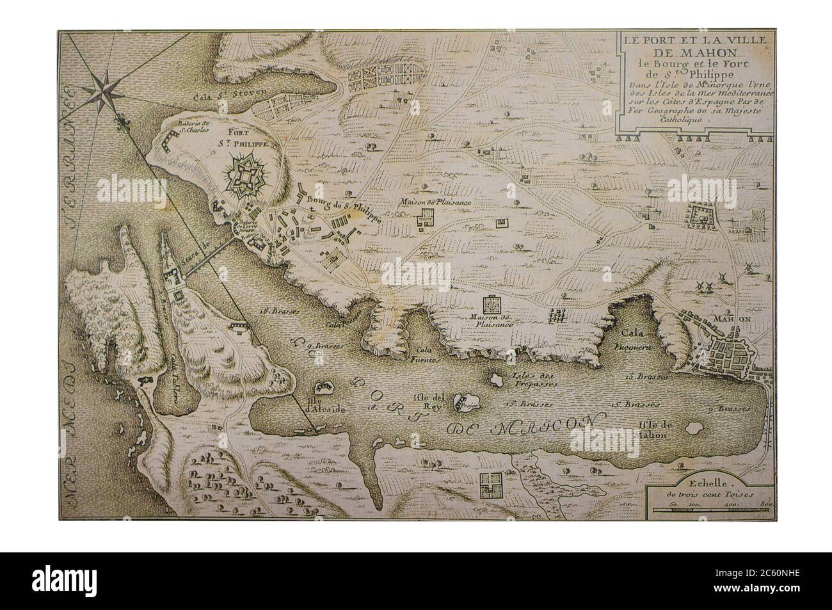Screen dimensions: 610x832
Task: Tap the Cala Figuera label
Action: (x=636, y=339)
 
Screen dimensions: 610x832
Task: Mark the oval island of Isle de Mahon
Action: (x=693, y=427)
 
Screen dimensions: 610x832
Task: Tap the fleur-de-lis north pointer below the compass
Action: (x=120, y=119)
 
